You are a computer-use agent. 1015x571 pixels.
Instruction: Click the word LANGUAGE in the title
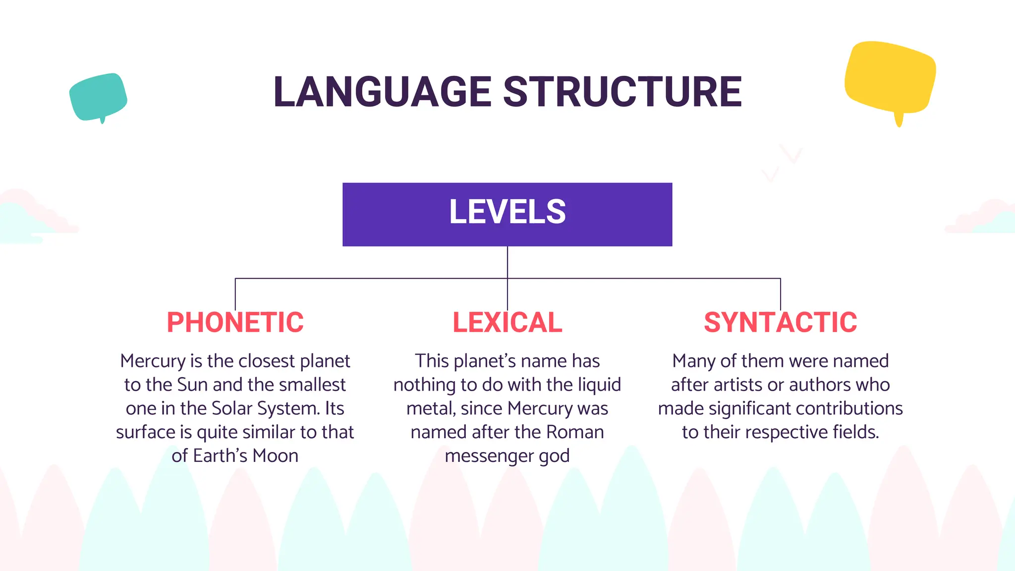(382, 92)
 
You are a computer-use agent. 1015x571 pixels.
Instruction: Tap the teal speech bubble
(98, 97)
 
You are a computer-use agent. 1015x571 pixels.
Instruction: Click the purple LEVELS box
(507, 214)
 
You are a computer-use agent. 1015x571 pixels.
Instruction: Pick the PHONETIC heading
(235, 323)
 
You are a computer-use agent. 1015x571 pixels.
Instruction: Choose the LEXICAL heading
(507, 323)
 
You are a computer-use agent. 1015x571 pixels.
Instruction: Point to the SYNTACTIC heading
(780, 323)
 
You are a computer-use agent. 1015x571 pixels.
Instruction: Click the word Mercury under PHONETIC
(153, 361)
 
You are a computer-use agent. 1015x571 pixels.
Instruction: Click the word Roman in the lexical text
(575, 432)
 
